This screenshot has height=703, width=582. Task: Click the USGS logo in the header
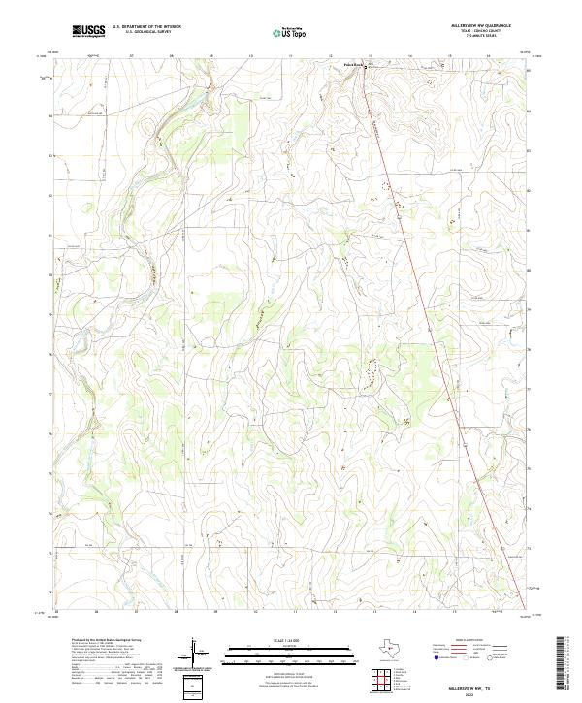[x=89, y=32]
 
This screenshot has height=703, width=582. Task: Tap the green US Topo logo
[x=292, y=32]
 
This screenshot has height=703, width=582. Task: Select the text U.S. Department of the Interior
[x=146, y=27]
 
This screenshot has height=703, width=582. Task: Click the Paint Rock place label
[x=353, y=65]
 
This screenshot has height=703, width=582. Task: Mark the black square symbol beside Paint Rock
[x=365, y=66]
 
